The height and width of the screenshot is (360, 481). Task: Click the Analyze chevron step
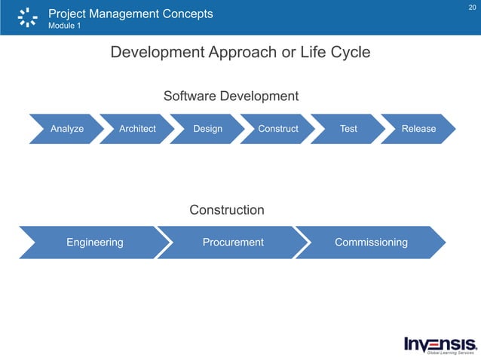pos(66,129)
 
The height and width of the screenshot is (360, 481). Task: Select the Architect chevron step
pos(137,129)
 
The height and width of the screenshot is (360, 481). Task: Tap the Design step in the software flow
pos(207,129)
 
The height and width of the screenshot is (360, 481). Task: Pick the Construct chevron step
pos(278,129)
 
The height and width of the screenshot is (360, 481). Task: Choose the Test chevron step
pos(348,129)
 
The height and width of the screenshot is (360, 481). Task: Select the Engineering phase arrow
pos(94,243)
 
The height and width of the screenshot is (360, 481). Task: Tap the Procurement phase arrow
pos(233,243)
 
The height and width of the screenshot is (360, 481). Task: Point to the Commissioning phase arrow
pos(371,243)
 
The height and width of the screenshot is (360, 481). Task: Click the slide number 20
pos(472,7)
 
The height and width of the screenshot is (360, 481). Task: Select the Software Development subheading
pos(231,96)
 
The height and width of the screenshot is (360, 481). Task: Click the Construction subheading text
pos(226,210)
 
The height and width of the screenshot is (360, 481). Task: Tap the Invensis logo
pos(440,342)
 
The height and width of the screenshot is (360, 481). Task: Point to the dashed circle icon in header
pos(27,17)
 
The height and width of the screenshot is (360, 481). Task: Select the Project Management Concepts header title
pos(130,14)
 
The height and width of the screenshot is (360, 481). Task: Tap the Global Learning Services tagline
pos(452,352)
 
